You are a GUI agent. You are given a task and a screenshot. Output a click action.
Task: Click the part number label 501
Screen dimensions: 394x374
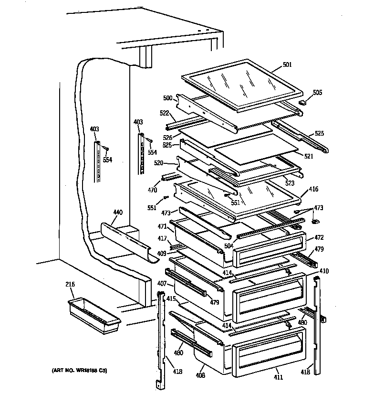pos(287,65)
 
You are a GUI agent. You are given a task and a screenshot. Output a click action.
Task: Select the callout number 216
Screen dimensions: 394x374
pos(70,285)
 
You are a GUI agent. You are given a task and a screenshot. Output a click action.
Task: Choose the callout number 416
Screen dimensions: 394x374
pos(313,190)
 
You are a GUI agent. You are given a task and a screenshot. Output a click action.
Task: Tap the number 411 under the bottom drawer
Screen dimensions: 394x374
pos(278,377)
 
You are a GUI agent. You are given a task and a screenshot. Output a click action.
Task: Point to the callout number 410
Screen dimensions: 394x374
pos(324,271)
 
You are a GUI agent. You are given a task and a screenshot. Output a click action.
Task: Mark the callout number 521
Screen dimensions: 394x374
pos(309,157)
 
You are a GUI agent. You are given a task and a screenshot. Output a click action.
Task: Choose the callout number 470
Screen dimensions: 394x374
pos(152,190)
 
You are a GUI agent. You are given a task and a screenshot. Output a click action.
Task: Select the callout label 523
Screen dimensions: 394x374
pos(289,183)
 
